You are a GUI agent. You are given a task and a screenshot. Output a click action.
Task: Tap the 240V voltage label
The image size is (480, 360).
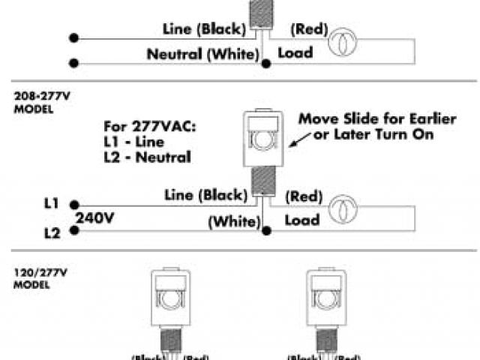[x=94, y=218]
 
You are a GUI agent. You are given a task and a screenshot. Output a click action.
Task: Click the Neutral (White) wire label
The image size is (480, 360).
[x=203, y=54]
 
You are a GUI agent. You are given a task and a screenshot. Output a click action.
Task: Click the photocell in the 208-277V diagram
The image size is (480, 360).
[x=261, y=139]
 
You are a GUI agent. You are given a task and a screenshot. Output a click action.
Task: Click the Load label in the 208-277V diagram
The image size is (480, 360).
[x=302, y=220]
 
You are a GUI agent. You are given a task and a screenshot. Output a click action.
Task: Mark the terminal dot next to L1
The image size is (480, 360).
[x=73, y=202]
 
